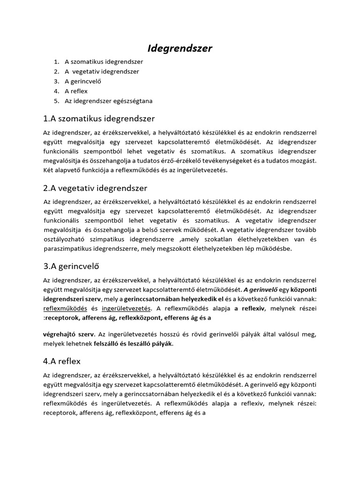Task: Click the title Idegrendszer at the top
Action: pos(180,48)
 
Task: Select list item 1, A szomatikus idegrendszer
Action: pos(104,61)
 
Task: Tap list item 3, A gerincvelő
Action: pos(83,81)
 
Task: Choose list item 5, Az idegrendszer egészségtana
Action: pos(109,101)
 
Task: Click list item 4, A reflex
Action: pos(76,91)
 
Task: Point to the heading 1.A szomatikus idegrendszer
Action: pos(99,119)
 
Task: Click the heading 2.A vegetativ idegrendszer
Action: pos(95,188)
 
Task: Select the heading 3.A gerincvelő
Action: pos(74,267)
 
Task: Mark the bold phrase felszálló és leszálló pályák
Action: pos(134,344)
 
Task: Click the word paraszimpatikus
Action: pos(67,249)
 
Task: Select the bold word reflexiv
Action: pos(253,308)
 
